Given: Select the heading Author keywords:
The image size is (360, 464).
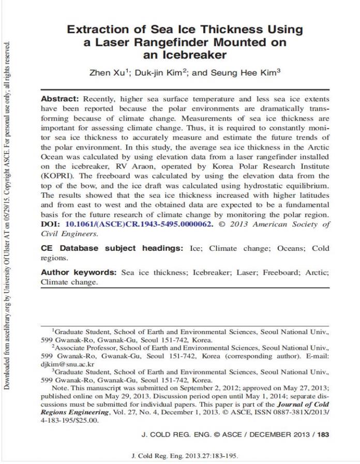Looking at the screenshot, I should point(79,273).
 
